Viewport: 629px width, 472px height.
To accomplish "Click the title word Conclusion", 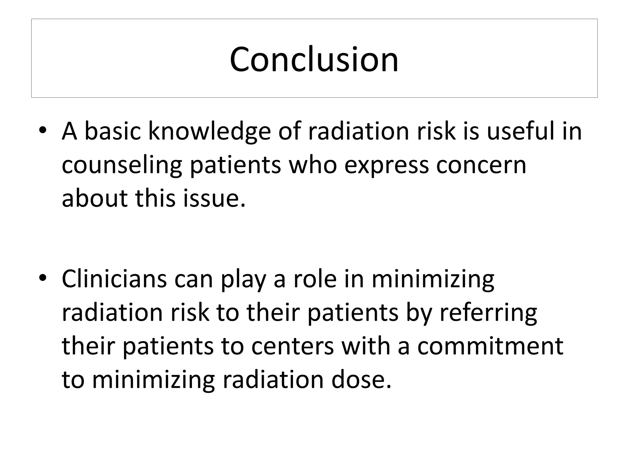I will (x=314, y=59).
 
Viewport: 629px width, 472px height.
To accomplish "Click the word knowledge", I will (x=209, y=132).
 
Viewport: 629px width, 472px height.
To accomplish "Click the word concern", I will (x=481, y=165).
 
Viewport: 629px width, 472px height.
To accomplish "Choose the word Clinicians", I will (x=114, y=278).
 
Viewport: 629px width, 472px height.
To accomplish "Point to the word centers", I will (x=292, y=346).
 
